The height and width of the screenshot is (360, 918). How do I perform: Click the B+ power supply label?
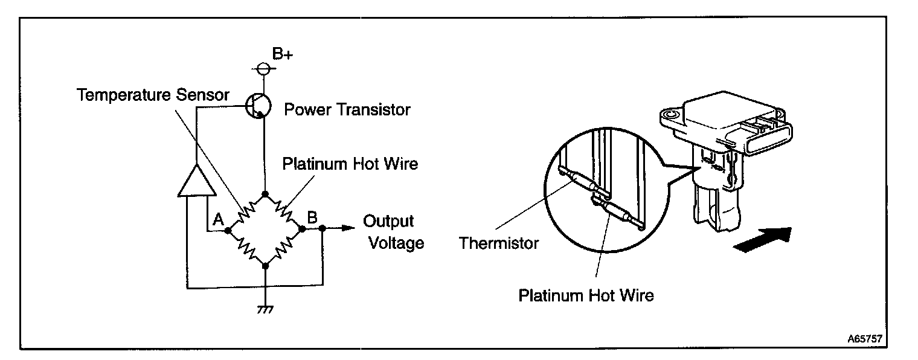pyautogui.click(x=282, y=54)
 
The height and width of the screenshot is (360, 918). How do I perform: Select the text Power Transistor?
pyautogui.click(x=347, y=109)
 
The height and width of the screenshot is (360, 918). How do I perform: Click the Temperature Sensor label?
pyautogui.click(x=153, y=94)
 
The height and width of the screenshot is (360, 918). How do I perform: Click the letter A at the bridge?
pyautogui.click(x=219, y=220)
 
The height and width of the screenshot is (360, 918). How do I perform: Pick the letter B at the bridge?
pyautogui.click(x=312, y=217)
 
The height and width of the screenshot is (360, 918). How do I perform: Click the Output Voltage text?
pyautogui.click(x=391, y=232)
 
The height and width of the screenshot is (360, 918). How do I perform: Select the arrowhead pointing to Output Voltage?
pyautogui.click(x=347, y=228)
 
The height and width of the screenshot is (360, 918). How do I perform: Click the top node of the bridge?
pyautogui.click(x=265, y=194)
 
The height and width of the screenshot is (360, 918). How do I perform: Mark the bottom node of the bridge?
pyautogui.click(x=265, y=265)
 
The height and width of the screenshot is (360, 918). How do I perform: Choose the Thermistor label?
pyautogui.click(x=498, y=243)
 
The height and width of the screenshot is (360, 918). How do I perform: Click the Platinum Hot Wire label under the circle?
pyautogui.click(x=586, y=296)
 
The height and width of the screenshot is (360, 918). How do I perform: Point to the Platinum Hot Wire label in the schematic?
pyautogui.click(x=350, y=164)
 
